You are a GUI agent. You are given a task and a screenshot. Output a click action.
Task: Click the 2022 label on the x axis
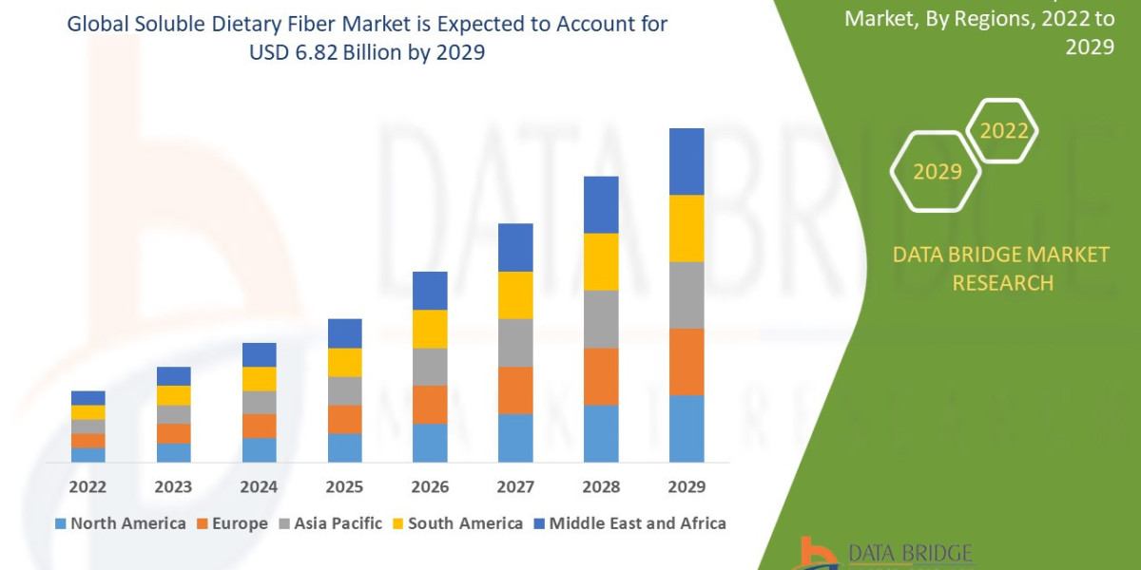pos(87,487)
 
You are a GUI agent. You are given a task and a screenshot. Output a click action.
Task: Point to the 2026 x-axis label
pos(430,487)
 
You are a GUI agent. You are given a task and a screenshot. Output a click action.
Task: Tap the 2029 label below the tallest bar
pos(687,487)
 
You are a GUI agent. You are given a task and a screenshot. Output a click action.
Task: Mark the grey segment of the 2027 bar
pos(515,342)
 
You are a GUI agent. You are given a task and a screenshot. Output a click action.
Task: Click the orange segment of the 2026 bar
pos(430,405)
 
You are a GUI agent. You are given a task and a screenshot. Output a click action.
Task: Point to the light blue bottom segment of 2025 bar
pos(344,447)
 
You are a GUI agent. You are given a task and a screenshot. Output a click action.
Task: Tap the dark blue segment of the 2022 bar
pos(87,397)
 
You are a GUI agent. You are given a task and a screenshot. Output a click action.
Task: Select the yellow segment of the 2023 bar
pos(173,395)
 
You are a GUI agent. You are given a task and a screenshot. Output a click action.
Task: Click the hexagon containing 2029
pos(936,172)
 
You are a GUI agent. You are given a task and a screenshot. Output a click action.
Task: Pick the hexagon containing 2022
pos(1003,131)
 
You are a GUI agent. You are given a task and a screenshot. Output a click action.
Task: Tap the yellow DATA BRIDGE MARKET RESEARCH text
pos(1001,268)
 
